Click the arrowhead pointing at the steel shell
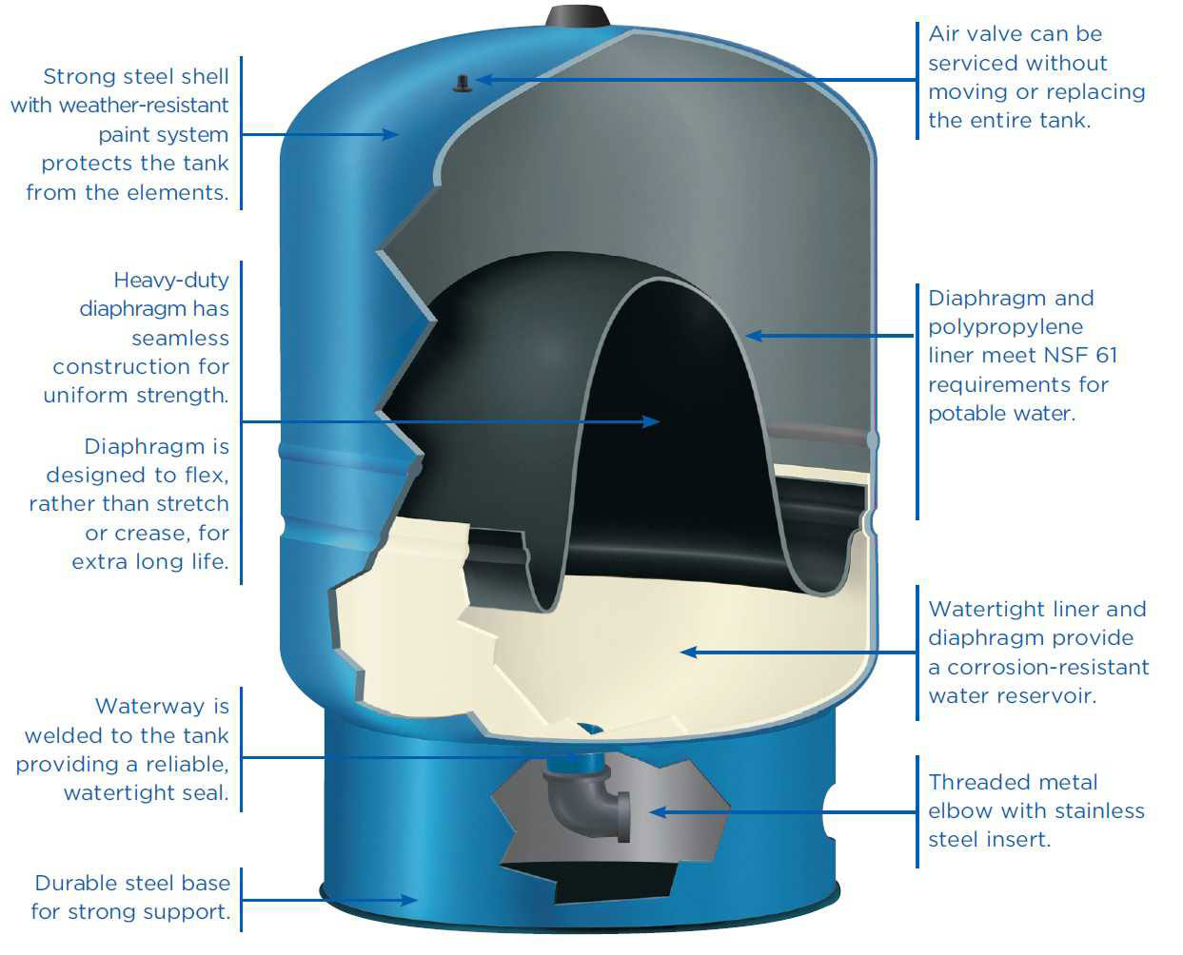coord(390,134)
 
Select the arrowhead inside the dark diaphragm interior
coord(651,421)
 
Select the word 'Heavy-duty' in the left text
coord(171,280)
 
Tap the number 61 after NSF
coord(1105,356)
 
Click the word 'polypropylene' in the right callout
coord(992,327)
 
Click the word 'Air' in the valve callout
coord(944,34)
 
